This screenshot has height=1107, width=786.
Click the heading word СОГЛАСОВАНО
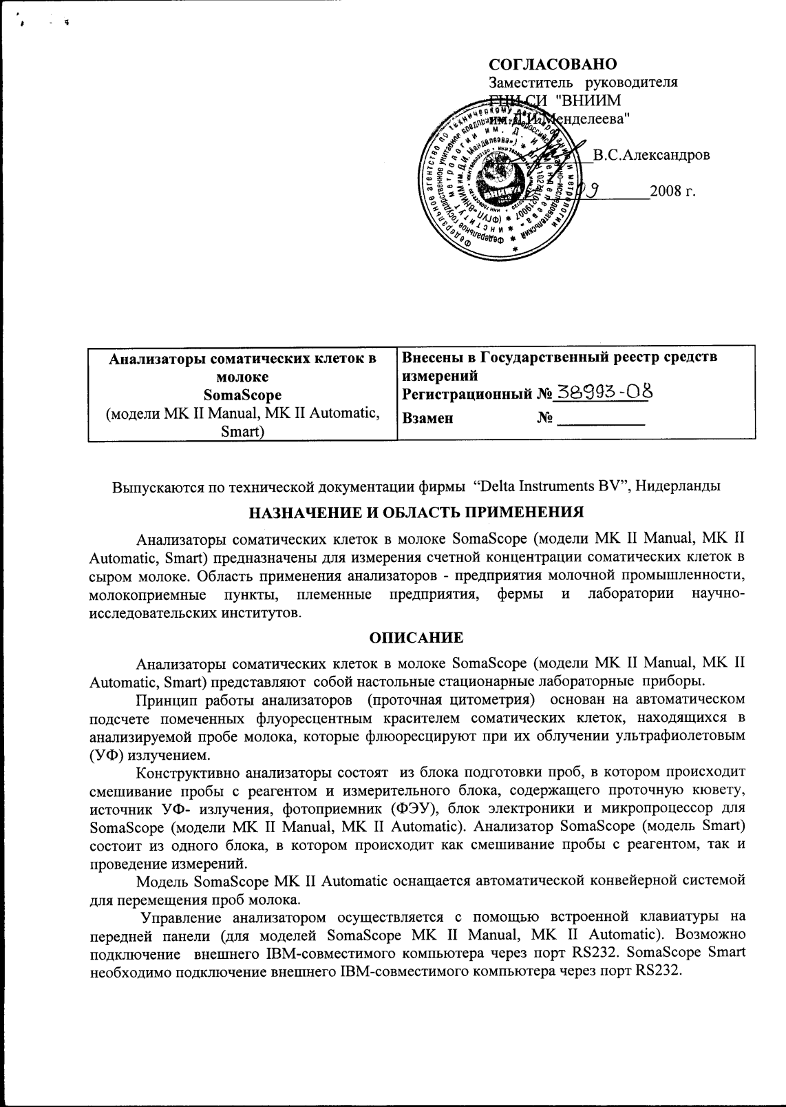click(x=552, y=64)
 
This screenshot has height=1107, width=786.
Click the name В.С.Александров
click(x=651, y=155)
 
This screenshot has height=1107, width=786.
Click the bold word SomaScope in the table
click(x=242, y=395)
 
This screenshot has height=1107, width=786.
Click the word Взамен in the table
click(x=427, y=417)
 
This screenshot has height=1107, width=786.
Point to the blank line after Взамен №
click(x=600, y=417)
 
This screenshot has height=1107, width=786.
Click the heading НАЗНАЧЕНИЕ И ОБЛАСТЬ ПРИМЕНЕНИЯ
click(x=416, y=513)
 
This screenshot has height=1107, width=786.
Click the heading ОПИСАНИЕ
click(x=416, y=638)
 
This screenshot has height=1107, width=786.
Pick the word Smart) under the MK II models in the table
click(x=242, y=432)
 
